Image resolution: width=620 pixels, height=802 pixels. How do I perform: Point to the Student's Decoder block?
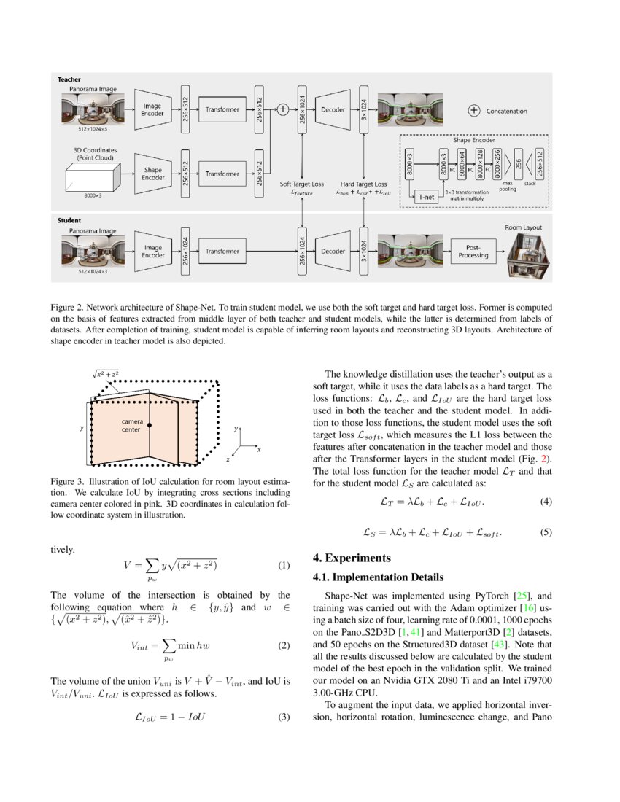pyautogui.click(x=333, y=251)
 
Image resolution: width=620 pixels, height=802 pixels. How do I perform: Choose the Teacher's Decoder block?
pyautogui.click(x=333, y=109)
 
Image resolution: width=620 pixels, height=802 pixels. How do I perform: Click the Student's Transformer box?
pyautogui.click(x=222, y=251)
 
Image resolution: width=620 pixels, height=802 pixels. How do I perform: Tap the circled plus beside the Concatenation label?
pyautogui.click(x=473, y=111)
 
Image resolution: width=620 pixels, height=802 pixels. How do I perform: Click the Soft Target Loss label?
pyautogui.click(x=302, y=184)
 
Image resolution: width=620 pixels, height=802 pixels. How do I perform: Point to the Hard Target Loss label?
pyautogui.click(x=363, y=184)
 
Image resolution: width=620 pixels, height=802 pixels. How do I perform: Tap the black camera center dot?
pyautogui.click(x=150, y=424)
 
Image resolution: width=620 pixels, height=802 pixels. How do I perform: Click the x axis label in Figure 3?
pyautogui.click(x=258, y=450)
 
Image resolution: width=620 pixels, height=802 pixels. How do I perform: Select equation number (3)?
pyautogui.click(x=284, y=717)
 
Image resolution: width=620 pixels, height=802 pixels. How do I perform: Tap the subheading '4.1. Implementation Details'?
pyautogui.click(x=378, y=577)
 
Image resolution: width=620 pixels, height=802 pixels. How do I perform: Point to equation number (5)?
pyautogui.click(x=546, y=532)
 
